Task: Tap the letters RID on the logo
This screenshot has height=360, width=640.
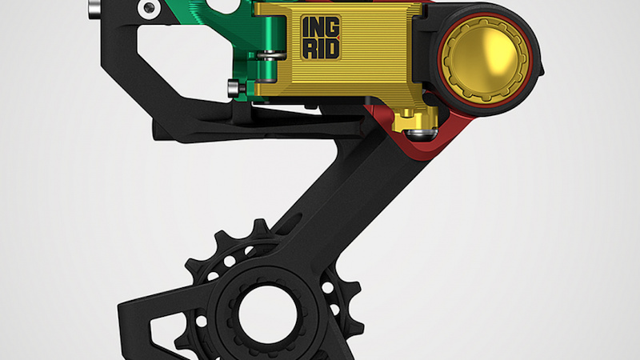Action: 320,49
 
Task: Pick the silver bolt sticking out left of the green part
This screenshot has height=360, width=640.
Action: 233,86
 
